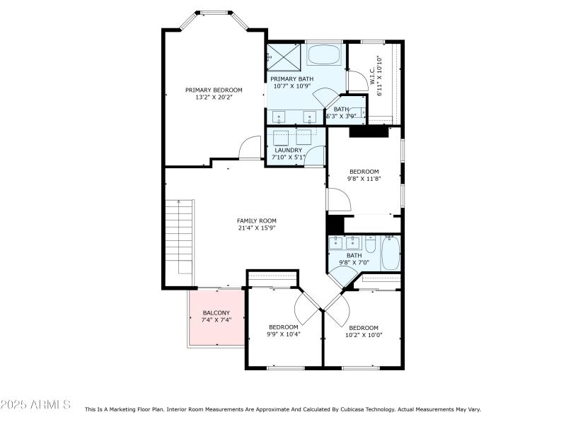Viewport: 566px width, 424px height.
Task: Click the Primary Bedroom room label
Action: coord(214,90)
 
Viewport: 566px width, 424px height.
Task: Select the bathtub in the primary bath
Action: coord(324,54)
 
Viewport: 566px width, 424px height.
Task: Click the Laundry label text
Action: coord(289,150)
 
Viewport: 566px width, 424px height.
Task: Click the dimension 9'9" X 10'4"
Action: coord(284,334)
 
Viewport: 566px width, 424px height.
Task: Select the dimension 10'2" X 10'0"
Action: coord(364,335)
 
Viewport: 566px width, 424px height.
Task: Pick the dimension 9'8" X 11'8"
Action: coord(364,179)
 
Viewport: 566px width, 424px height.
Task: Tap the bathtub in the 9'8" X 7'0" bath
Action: coord(391,254)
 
